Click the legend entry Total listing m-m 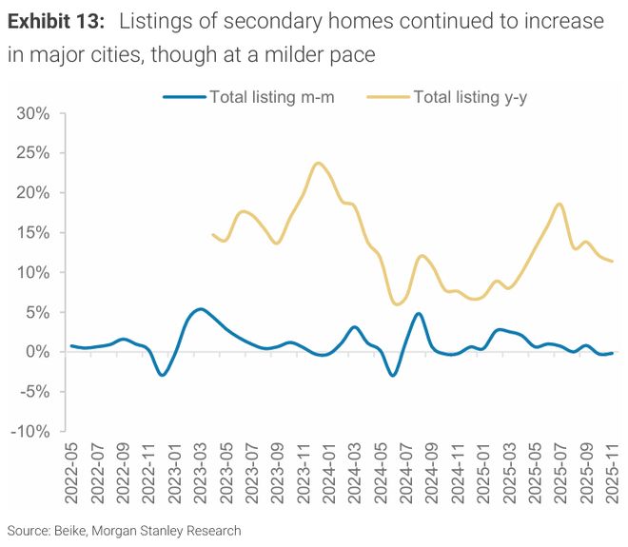click(271, 96)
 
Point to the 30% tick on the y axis click(34, 113)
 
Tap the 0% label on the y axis click(39, 352)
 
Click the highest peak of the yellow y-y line click(317, 163)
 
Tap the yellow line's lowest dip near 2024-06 click(396, 303)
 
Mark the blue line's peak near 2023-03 click(199, 309)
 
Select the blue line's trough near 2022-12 click(162, 375)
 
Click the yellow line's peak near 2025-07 click(559, 204)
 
